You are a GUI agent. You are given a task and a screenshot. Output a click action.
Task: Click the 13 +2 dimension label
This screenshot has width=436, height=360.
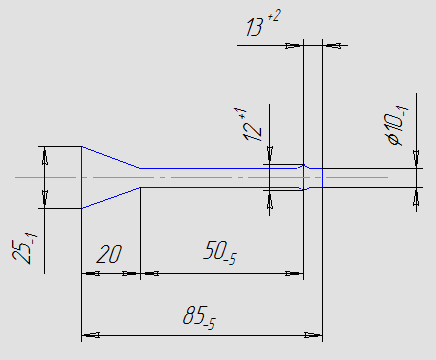(x=263, y=23)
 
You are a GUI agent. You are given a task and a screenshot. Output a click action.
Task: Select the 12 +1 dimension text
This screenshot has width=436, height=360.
(x=252, y=124)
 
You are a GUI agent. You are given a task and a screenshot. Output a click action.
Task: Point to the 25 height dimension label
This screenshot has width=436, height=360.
(x=24, y=248)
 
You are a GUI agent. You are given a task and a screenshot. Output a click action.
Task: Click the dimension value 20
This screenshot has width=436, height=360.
(x=109, y=254)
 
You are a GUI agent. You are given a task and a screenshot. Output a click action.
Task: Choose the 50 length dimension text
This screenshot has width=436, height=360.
(x=220, y=252)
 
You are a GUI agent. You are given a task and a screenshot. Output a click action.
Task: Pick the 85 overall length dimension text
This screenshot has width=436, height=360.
(x=199, y=317)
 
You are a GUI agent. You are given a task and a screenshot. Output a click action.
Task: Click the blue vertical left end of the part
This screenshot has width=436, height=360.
(x=82, y=177)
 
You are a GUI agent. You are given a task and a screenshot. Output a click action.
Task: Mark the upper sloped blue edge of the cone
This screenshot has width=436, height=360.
(x=111, y=157)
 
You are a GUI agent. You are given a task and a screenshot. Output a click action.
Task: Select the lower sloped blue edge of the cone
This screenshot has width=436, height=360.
(x=111, y=198)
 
